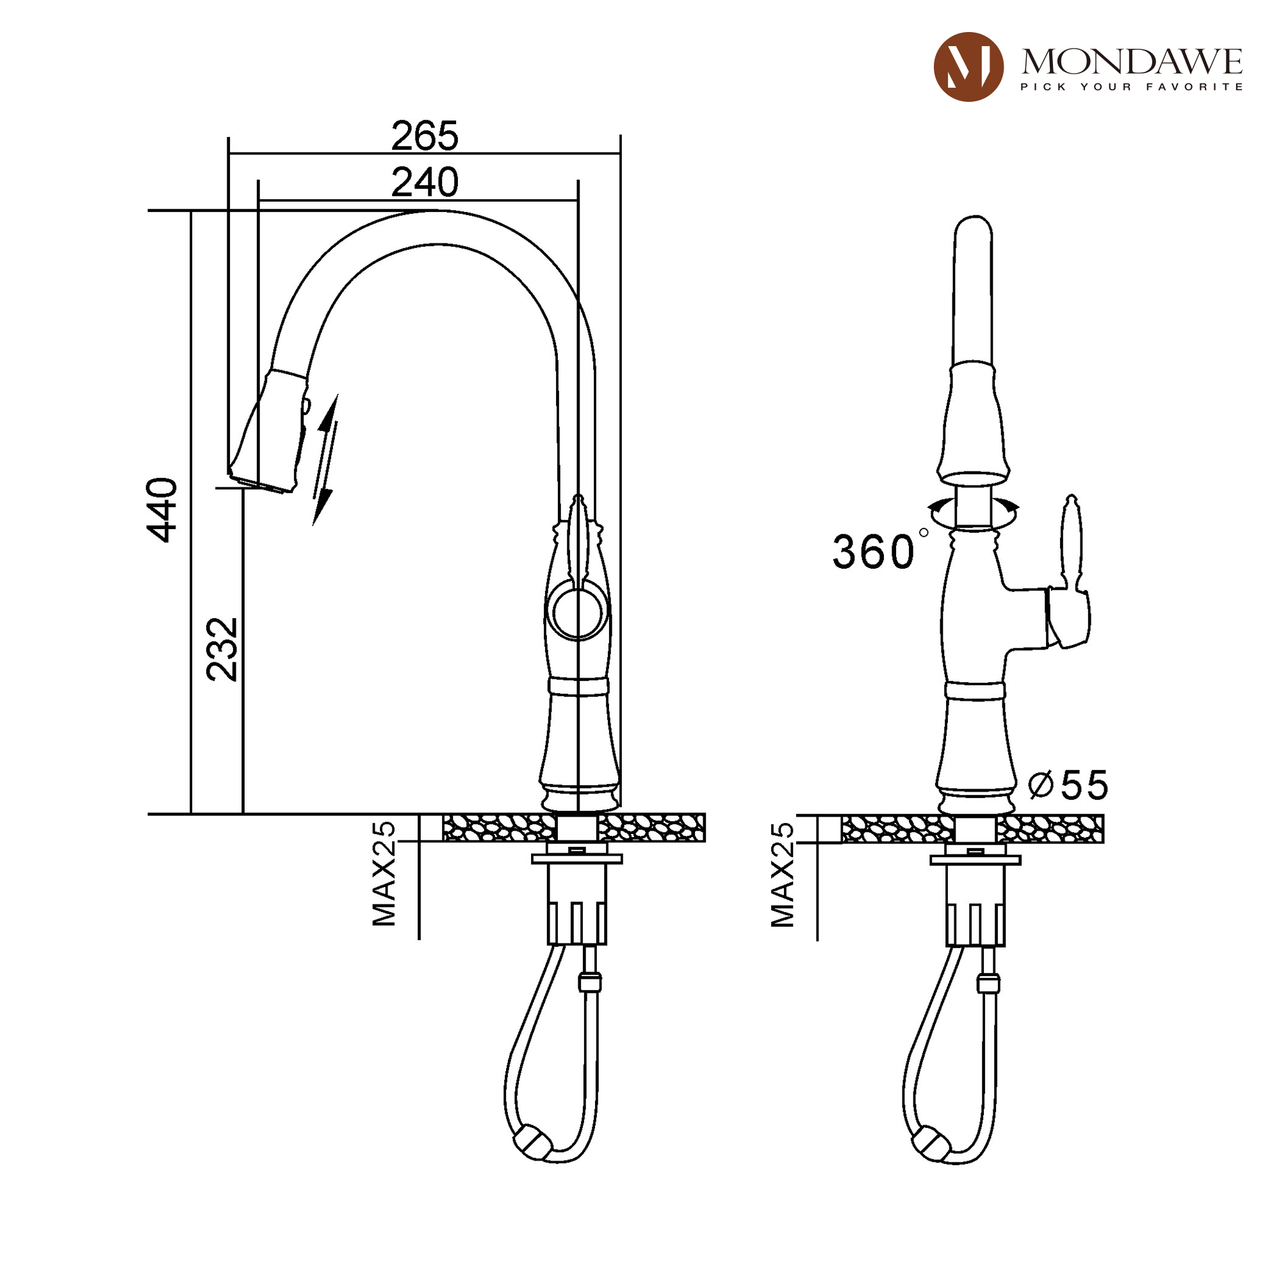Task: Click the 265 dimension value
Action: [425, 136]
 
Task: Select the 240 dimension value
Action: [425, 183]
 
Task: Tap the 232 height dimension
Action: [222, 649]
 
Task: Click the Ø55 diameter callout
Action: [1068, 786]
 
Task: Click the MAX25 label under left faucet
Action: [384, 874]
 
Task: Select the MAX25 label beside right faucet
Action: [783, 874]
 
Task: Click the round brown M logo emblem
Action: [968, 67]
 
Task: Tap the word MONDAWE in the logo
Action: [1131, 62]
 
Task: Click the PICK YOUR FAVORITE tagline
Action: [1131, 87]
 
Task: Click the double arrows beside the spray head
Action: [325, 459]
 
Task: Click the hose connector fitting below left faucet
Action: [589, 982]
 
